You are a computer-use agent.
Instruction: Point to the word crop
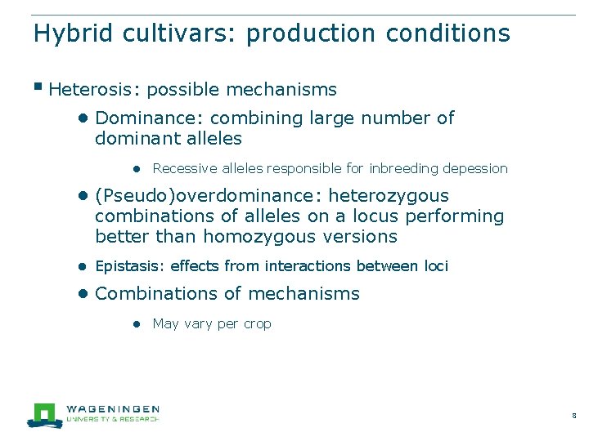256,323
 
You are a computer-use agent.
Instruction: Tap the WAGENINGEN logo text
111,408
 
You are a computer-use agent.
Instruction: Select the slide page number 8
574,416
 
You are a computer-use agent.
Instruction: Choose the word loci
436,266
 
